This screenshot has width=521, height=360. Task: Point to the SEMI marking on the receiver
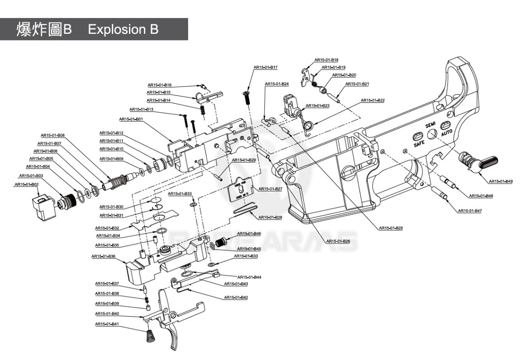430,124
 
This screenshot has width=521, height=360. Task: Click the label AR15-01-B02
26,184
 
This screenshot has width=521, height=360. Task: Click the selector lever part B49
478,162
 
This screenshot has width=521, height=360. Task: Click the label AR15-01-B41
107,324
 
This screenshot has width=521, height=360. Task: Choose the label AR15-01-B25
391,228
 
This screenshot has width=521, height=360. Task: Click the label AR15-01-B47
470,211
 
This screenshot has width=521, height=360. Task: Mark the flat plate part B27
240,190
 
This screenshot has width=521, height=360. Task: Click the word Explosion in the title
115,30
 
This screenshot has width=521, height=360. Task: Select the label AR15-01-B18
326,60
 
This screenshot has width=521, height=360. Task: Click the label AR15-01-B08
53,135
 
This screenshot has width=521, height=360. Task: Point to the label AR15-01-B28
270,217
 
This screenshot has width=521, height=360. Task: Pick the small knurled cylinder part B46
221,243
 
